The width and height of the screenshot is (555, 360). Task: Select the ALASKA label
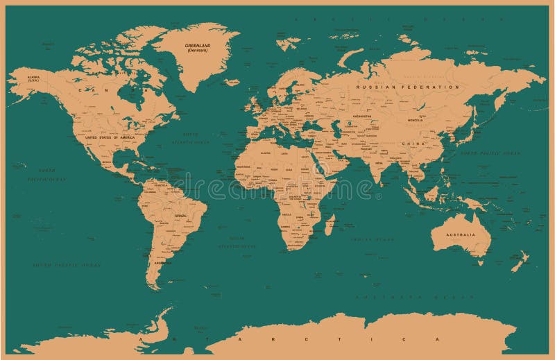point(32,77)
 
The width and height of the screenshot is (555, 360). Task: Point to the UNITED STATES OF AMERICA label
point(109,137)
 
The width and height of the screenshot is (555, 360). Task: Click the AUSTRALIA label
point(461,235)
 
